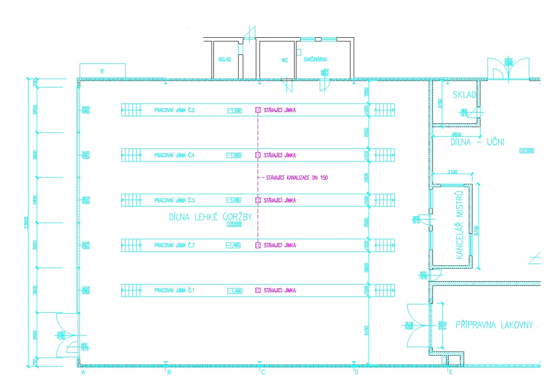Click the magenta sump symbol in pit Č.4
pyautogui.click(x=257, y=155)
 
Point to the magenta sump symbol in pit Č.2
pyautogui.click(x=257, y=245)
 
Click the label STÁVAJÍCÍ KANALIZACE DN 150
pyautogui.click(x=296, y=178)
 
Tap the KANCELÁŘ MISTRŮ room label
pyautogui.click(x=459, y=225)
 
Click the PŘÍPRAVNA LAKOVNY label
pyautogui.click(x=493, y=325)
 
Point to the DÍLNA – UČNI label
pyautogui.click(x=477, y=142)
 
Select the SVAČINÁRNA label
pyautogui.click(x=315, y=60)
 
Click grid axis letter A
pyautogui.click(x=83, y=372)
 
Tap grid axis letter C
pyautogui.click(x=263, y=372)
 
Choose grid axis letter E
pyautogui.click(x=450, y=372)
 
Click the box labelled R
pyautogui.click(x=102, y=71)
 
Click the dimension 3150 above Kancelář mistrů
pyautogui.click(x=452, y=172)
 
